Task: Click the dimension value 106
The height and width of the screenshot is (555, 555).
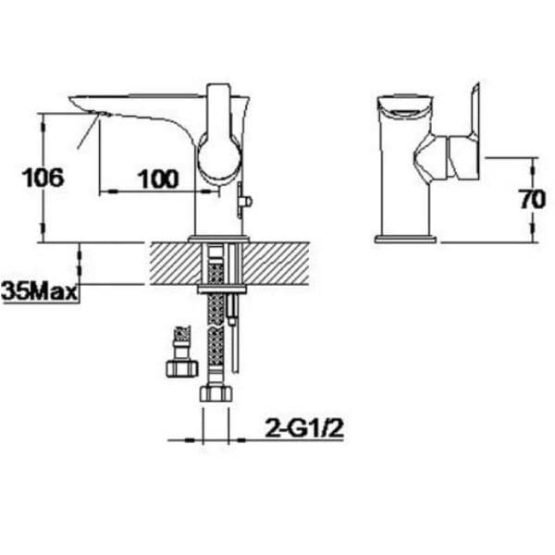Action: pyautogui.click(x=43, y=178)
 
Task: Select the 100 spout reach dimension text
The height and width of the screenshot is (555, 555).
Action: pyautogui.click(x=158, y=179)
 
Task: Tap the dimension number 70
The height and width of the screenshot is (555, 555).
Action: pyautogui.click(x=532, y=199)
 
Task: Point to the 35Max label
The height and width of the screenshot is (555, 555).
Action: pyautogui.click(x=39, y=292)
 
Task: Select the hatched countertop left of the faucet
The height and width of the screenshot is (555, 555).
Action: pyautogui.click(x=171, y=263)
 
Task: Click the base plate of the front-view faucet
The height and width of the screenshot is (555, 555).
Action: pyautogui.click(x=405, y=239)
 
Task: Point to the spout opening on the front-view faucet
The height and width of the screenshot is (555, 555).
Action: pyautogui.click(x=405, y=105)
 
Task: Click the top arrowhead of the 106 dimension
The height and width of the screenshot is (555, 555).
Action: pyautogui.click(x=43, y=117)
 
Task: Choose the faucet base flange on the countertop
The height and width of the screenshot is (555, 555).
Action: pyautogui.click(x=218, y=240)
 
